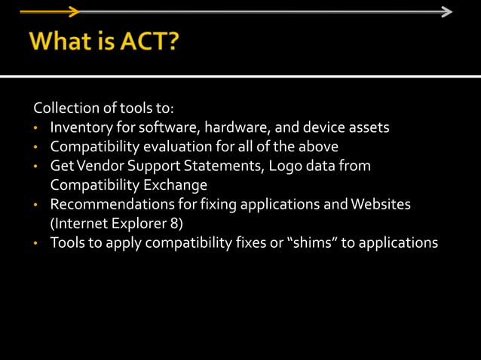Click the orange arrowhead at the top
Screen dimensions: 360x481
(73, 11)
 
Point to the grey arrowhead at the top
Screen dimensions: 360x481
(446, 11)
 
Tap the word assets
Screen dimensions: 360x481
(370, 127)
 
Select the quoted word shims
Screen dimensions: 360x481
(308, 243)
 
